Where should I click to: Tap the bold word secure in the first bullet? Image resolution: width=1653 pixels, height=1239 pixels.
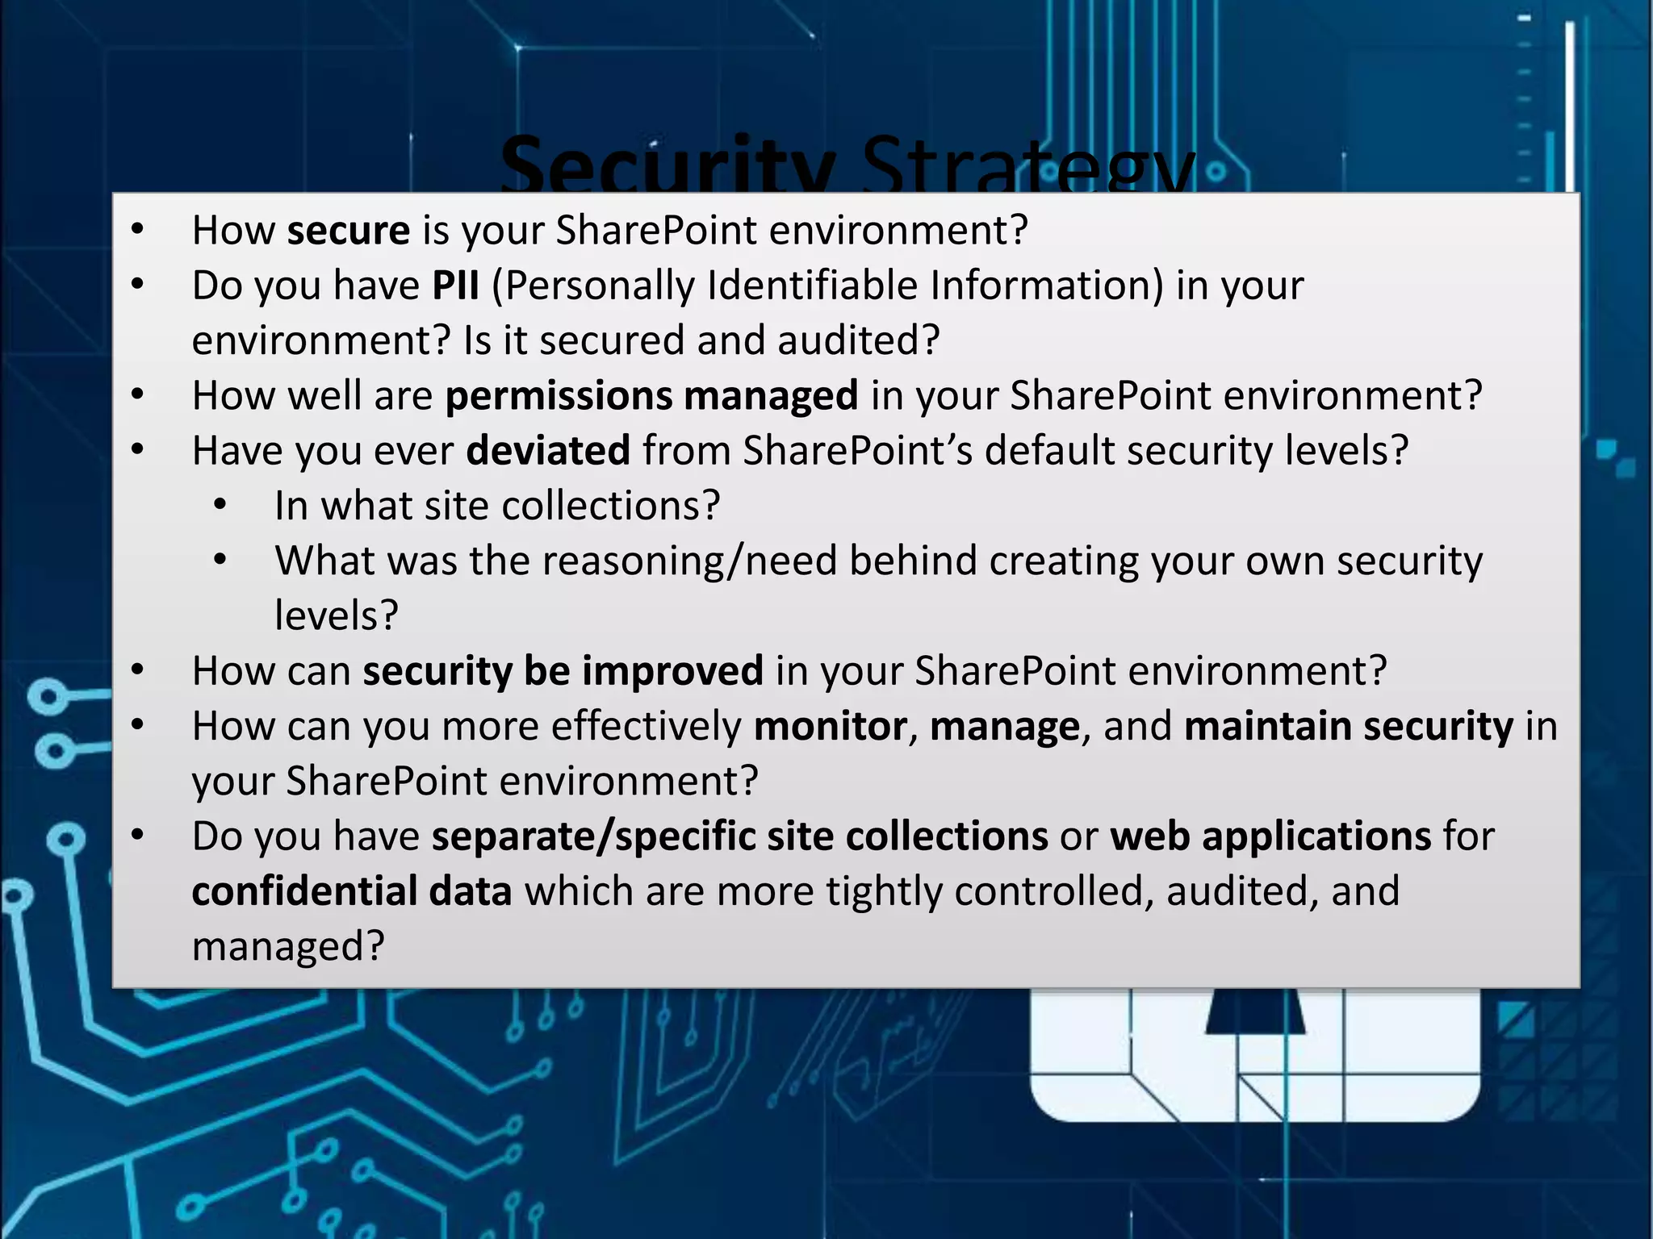tap(349, 231)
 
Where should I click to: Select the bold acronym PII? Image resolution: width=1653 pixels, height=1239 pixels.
tap(456, 286)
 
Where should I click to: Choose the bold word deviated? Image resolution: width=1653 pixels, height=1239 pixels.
tap(548, 451)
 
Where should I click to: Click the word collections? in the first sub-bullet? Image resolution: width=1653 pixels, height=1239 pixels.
tap(610, 507)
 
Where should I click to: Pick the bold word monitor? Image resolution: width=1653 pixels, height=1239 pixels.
tap(831, 726)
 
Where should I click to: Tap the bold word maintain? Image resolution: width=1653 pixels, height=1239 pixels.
tap(1267, 726)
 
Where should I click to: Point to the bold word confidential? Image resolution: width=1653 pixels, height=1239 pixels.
tap(304, 891)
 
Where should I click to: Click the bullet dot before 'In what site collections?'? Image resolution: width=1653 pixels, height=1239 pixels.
tap(220, 507)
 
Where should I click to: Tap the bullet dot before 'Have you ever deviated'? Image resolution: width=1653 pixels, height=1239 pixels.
tap(137, 451)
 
